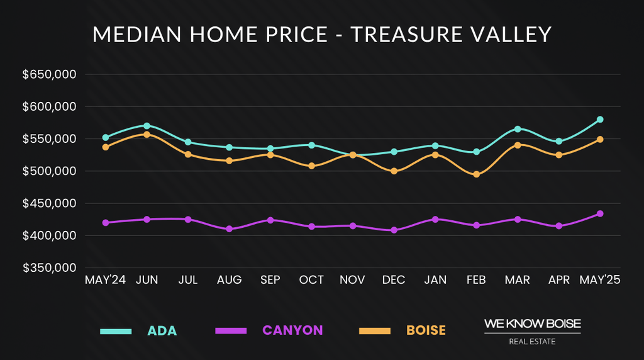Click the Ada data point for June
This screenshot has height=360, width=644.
point(147,126)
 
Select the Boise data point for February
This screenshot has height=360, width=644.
point(476,174)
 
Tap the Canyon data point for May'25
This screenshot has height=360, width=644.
point(600,213)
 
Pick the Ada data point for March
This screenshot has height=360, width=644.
point(518,129)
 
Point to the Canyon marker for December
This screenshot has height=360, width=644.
point(394,230)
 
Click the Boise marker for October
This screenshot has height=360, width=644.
point(311,166)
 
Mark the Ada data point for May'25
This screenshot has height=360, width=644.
point(600,120)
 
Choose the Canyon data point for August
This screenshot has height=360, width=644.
point(229,229)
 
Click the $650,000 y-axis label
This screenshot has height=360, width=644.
point(49,75)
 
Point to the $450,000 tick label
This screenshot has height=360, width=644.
point(49,203)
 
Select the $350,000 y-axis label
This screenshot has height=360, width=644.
point(49,268)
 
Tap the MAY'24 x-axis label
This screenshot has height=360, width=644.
point(106,280)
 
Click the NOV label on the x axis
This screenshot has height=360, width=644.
point(352,280)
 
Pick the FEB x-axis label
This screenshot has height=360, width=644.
point(476,280)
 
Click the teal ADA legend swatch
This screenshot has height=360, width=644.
point(116,330)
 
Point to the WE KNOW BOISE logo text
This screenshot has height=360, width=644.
point(532,323)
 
